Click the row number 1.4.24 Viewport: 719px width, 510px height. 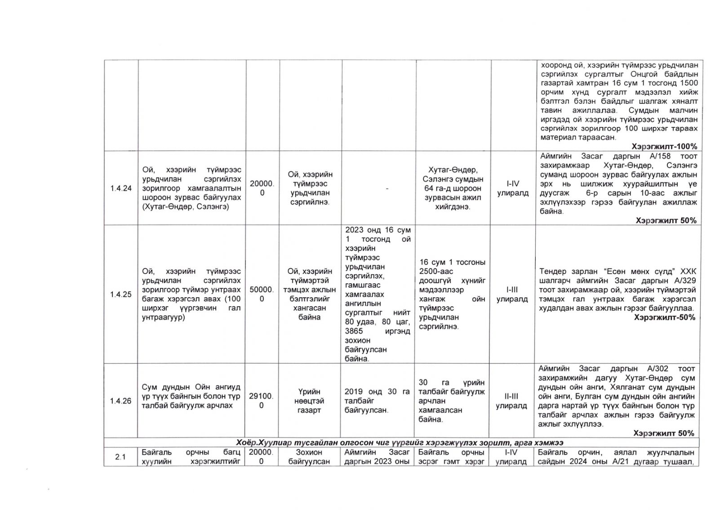coord(120,188)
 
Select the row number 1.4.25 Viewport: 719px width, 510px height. coord(120,295)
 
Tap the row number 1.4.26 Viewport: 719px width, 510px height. coord(120,401)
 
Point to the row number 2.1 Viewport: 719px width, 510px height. coord(120,457)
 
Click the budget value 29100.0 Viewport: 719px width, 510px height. coord(262,401)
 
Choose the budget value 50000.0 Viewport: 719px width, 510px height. coord(262,295)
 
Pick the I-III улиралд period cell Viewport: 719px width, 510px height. coord(512,295)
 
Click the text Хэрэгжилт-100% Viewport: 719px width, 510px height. coord(664,147)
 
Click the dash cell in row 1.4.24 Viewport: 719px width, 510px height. coord(386,189)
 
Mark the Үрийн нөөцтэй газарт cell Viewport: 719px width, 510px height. coord(309,401)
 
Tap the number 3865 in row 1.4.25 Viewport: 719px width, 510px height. coord(354,331)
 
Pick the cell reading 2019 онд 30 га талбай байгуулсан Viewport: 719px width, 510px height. coord(377,401)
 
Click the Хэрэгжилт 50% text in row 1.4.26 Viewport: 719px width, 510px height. coord(663,433)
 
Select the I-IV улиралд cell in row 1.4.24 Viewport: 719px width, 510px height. coord(512,188)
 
